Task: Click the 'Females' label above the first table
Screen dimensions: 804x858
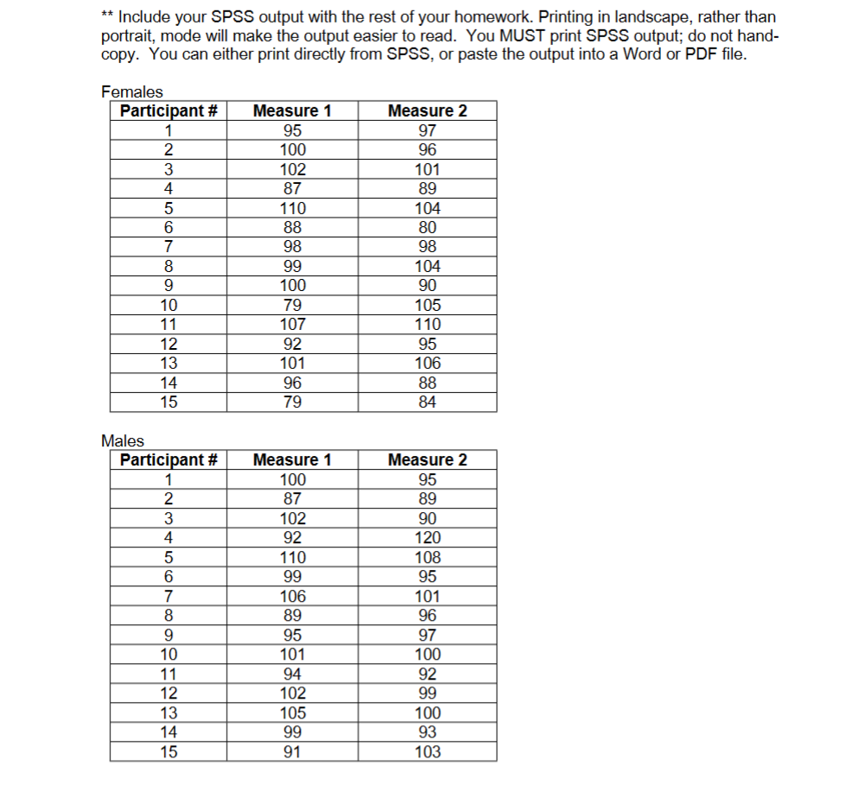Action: (131, 92)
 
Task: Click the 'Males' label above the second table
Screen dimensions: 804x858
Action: (123, 441)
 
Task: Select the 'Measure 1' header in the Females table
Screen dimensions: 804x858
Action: (292, 111)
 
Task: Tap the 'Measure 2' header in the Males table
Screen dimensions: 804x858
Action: (427, 460)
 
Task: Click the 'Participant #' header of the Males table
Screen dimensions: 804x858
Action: (168, 460)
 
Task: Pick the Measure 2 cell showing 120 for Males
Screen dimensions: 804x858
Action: (427, 538)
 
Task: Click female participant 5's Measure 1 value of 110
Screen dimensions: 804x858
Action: (292, 208)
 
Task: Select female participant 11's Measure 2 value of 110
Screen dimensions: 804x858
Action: (427, 325)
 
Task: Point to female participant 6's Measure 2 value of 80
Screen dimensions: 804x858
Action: (427, 228)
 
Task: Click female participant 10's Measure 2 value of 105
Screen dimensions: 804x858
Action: (427, 305)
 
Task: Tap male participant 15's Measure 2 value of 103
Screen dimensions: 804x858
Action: (427, 752)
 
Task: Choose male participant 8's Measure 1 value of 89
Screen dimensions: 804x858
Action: (292, 616)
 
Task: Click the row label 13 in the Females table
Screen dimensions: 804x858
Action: (168, 364)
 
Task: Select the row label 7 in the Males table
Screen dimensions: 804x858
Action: (168, 597)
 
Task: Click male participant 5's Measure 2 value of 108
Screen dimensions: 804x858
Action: (427, 558)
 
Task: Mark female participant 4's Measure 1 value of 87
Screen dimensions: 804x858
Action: (292, 188)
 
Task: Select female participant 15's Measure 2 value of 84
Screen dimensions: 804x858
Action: (427, 402)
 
